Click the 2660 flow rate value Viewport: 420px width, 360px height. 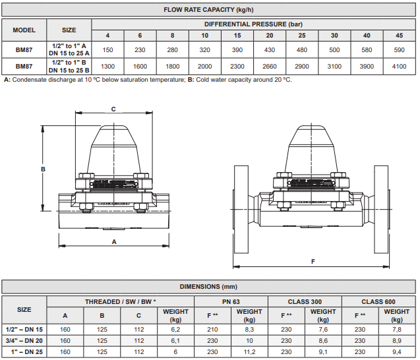270,67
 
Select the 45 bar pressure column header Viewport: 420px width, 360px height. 399,36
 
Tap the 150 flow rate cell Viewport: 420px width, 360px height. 107,50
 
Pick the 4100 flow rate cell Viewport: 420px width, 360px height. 399,67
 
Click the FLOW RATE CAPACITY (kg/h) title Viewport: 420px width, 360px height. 208,10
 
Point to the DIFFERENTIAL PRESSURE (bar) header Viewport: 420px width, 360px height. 253,24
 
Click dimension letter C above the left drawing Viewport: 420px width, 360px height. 113,109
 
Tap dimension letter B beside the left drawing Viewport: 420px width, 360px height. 43,169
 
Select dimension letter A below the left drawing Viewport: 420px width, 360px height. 114,242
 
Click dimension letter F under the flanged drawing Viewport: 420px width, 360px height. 313,261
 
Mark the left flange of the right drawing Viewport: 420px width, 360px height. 241,210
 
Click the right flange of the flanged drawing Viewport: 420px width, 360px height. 381,210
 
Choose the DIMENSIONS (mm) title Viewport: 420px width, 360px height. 208,287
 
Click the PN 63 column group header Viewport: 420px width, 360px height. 231,302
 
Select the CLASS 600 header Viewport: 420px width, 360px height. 378,302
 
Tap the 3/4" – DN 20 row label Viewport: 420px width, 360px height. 24,341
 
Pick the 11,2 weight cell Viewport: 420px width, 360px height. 249,352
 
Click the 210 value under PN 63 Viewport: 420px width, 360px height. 212,330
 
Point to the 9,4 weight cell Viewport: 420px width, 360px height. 397,352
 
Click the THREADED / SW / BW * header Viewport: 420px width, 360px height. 121,302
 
